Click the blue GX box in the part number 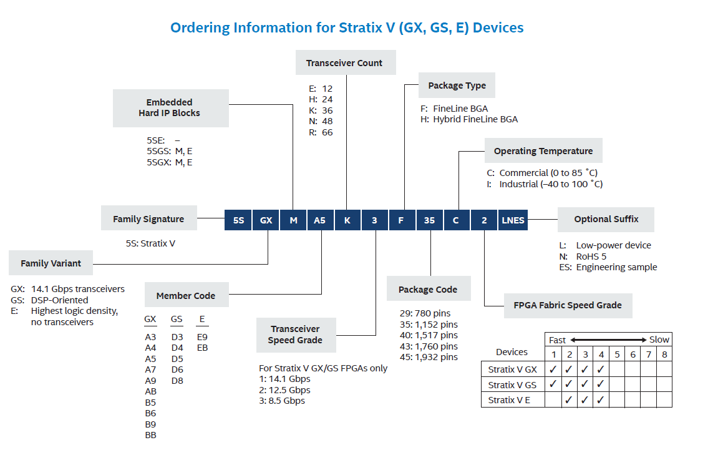pos(266,220)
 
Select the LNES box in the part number pos(513,220)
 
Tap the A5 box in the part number pos(319,220)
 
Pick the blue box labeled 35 pos(429,220)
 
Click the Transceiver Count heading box pos(344,63)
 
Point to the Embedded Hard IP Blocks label pos(169,107)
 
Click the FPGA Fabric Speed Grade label pos(568,305)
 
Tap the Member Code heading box pos(186,296)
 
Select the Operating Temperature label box pos(543,151)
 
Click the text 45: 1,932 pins pos(429,357)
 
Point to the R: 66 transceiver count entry pos(321,132)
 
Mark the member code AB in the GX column pos(150,391)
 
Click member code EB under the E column pos(202,348)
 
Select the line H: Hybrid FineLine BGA pos(469,119)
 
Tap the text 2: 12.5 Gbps pos(284,390)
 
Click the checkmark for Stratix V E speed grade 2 pos(569,400)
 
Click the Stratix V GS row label pos(512,384)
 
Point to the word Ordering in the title pos(199,27)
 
